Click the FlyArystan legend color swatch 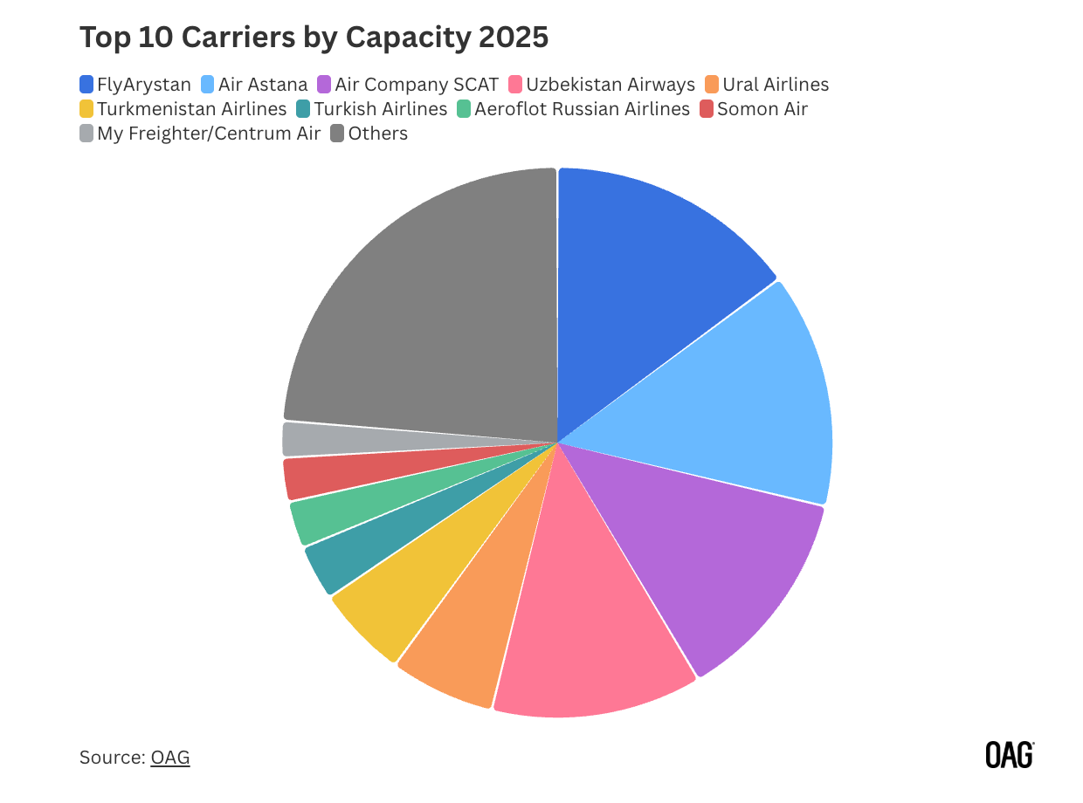tap(86, 85)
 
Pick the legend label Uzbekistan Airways tap(623, 85)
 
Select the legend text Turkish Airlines tap(380, 109)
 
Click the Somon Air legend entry tap(762, 109)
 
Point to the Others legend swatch tap(337, 134)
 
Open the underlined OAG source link tap(170, 757)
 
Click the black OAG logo tap(1009, 755)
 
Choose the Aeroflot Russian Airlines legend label tap(582, 109)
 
